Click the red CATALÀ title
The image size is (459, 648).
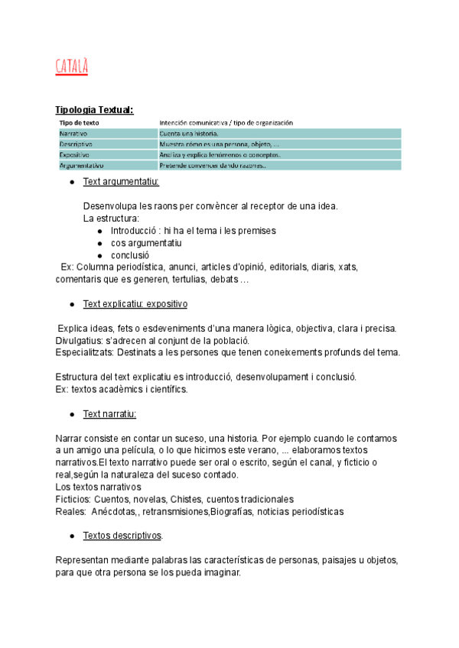[x=72, y=67]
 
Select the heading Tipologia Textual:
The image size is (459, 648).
[x=94, y=110]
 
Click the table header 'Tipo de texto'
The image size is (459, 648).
[x=79, y=122]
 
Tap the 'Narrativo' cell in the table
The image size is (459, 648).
[x=73, y=133]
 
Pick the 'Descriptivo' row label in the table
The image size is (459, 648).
[x=76, y=144]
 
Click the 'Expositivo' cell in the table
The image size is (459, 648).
[x=74, y=154]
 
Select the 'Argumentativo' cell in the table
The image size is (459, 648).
[x=81, y=165]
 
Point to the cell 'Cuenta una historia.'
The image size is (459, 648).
[x=188, y=133]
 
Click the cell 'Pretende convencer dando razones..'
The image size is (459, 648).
[x=213, y=165]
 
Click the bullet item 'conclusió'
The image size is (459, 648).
[x=130, y=255]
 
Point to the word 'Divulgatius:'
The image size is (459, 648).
[x=80, y=340]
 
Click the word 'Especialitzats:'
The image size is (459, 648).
[x=86, y=352]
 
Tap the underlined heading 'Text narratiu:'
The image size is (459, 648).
[x=109, y=414]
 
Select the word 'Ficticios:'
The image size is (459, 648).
[x=73, y=499]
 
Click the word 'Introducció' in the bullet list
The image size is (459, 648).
[x=135, y=231]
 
